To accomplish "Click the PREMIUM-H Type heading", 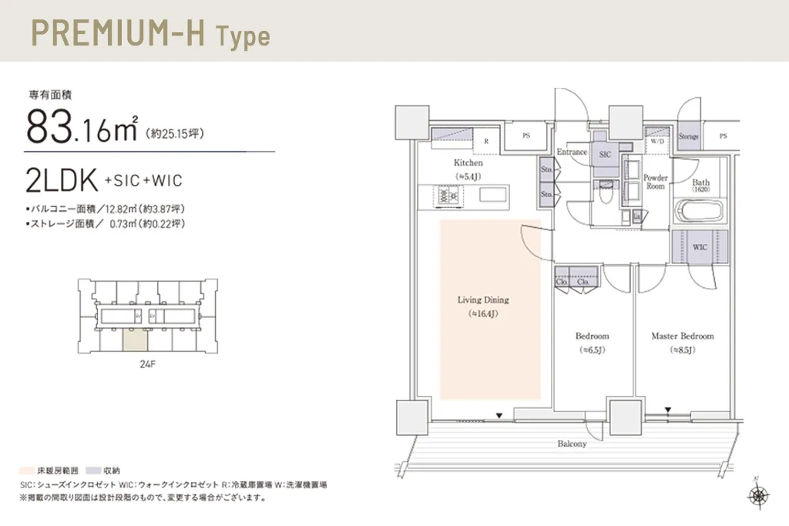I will (x=149, y=35).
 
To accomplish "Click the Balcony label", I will (x=572, y=444).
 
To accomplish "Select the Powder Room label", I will (x=655, y=182).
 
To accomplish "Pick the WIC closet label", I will (x=700, y=248).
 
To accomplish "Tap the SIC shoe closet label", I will (x=605, y=154).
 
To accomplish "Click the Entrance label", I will (x=572, y=152).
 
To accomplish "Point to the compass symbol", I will (x=757, y=495).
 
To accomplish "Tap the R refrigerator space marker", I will (x=486, y=142).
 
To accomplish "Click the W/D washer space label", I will (x=657, y=142).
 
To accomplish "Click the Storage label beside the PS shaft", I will (x=689, y=136).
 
